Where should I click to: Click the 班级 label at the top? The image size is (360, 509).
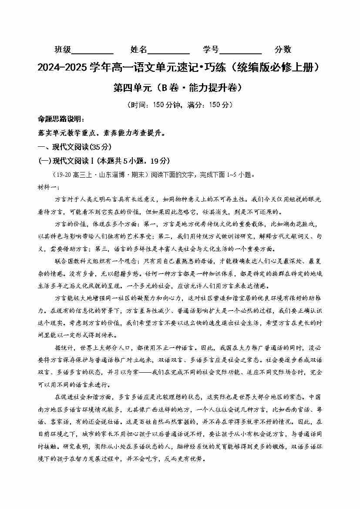63,50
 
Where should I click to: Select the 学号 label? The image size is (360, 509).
211,50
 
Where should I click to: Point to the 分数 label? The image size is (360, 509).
283,50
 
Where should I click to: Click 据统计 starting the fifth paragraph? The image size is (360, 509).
64,348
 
